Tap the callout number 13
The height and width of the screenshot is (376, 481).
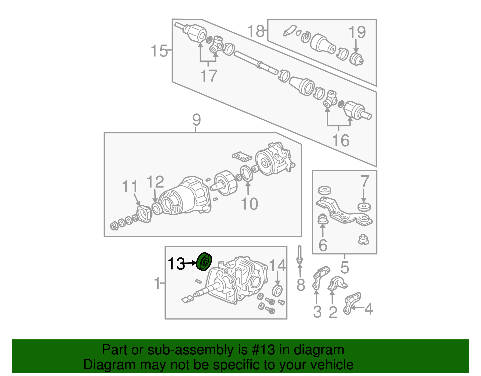176,264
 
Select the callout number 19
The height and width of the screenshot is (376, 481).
357,32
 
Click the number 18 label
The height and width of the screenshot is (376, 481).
256,31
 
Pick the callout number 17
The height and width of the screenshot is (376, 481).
209,76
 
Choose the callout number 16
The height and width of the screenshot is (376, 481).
341,140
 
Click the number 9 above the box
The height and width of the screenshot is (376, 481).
196,120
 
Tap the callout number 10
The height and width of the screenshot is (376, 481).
249,204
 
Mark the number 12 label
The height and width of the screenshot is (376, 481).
155,182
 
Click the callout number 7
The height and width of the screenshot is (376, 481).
364,182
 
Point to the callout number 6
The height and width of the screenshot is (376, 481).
323,245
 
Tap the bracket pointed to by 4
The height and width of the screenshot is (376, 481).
351,303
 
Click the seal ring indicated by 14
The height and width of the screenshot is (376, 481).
277,290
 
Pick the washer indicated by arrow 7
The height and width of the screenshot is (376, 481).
364,207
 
